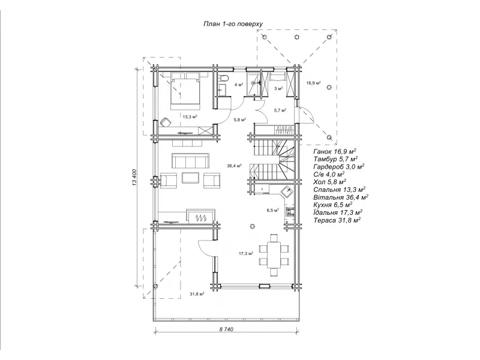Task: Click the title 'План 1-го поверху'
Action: click(x=233, y=24)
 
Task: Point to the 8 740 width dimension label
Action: click(x=226, y=329)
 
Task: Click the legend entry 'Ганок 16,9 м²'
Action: click(x=335, y=151)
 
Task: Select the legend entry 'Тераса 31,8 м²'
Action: click(x=337, y=220)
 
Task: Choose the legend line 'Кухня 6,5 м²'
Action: click(x=333, y=205)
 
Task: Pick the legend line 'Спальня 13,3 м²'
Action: click(x=339, y=190)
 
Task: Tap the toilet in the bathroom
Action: click(x=223, y=79)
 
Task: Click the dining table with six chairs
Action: click(x=274, y=254)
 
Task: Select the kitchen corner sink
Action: click(x=287, y=192)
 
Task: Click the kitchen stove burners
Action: click(x=290, y=212)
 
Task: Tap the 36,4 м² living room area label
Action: click(x=234, y=166)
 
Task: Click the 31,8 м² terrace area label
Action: click(x=197, y=294)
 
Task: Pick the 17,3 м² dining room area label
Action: click(x=246, y=253)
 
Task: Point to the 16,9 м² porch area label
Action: click(x=313, y=83)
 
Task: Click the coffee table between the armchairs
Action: click(x=190, y=178)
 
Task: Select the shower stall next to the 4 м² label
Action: click(x=254, y=83)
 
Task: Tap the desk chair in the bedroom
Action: click(x=166, y=122)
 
